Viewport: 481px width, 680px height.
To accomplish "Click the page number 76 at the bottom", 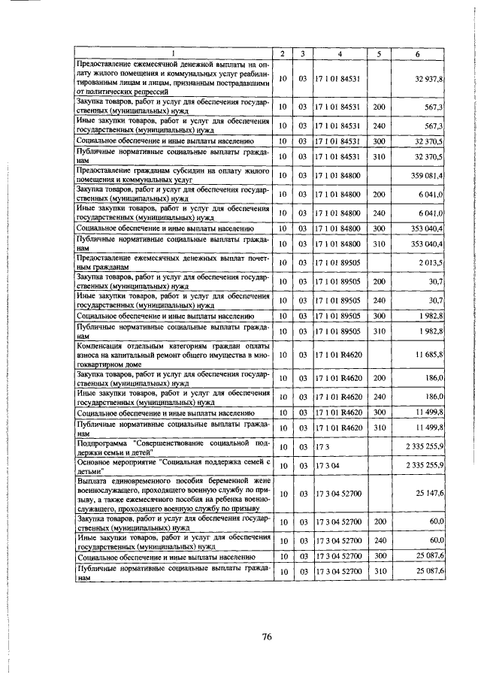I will [266, 637].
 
